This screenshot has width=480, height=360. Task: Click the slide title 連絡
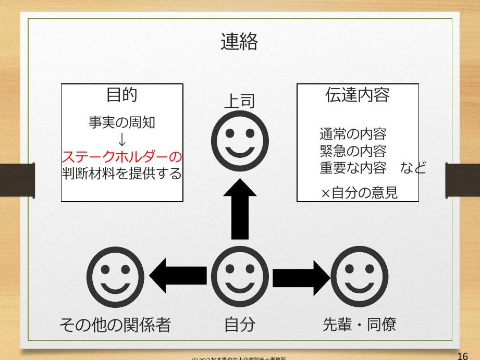pyautogui.click(x=239, y=42)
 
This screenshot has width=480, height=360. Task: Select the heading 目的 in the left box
pyautogui.click(x=121, y=95)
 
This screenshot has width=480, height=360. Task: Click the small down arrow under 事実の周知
pyautogui.click(x=121, y=139)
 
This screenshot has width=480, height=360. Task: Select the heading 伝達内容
pyautogui.click(x=357, y=95)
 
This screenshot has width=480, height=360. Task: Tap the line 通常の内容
pyautogui.click(x=353, y=134)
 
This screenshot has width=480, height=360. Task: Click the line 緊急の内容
pyautogui.click(x=353, y=152)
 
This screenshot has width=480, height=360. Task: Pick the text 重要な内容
pyautogui.click(x=353, y=169)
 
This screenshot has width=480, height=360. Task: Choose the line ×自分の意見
pyautogui.click(x=359, y=193)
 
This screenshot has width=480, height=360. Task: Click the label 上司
pyautogui.click(x=239, y=101)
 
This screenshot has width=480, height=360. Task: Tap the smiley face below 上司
pyautogui.click(x=240, y=142)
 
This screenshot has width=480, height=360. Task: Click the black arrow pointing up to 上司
pyautogui.click(x=240, y=208)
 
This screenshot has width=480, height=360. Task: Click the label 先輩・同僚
pyautogui.click(x=359, y=325)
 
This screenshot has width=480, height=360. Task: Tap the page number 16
pyautogui.click(x=462, y=356)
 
